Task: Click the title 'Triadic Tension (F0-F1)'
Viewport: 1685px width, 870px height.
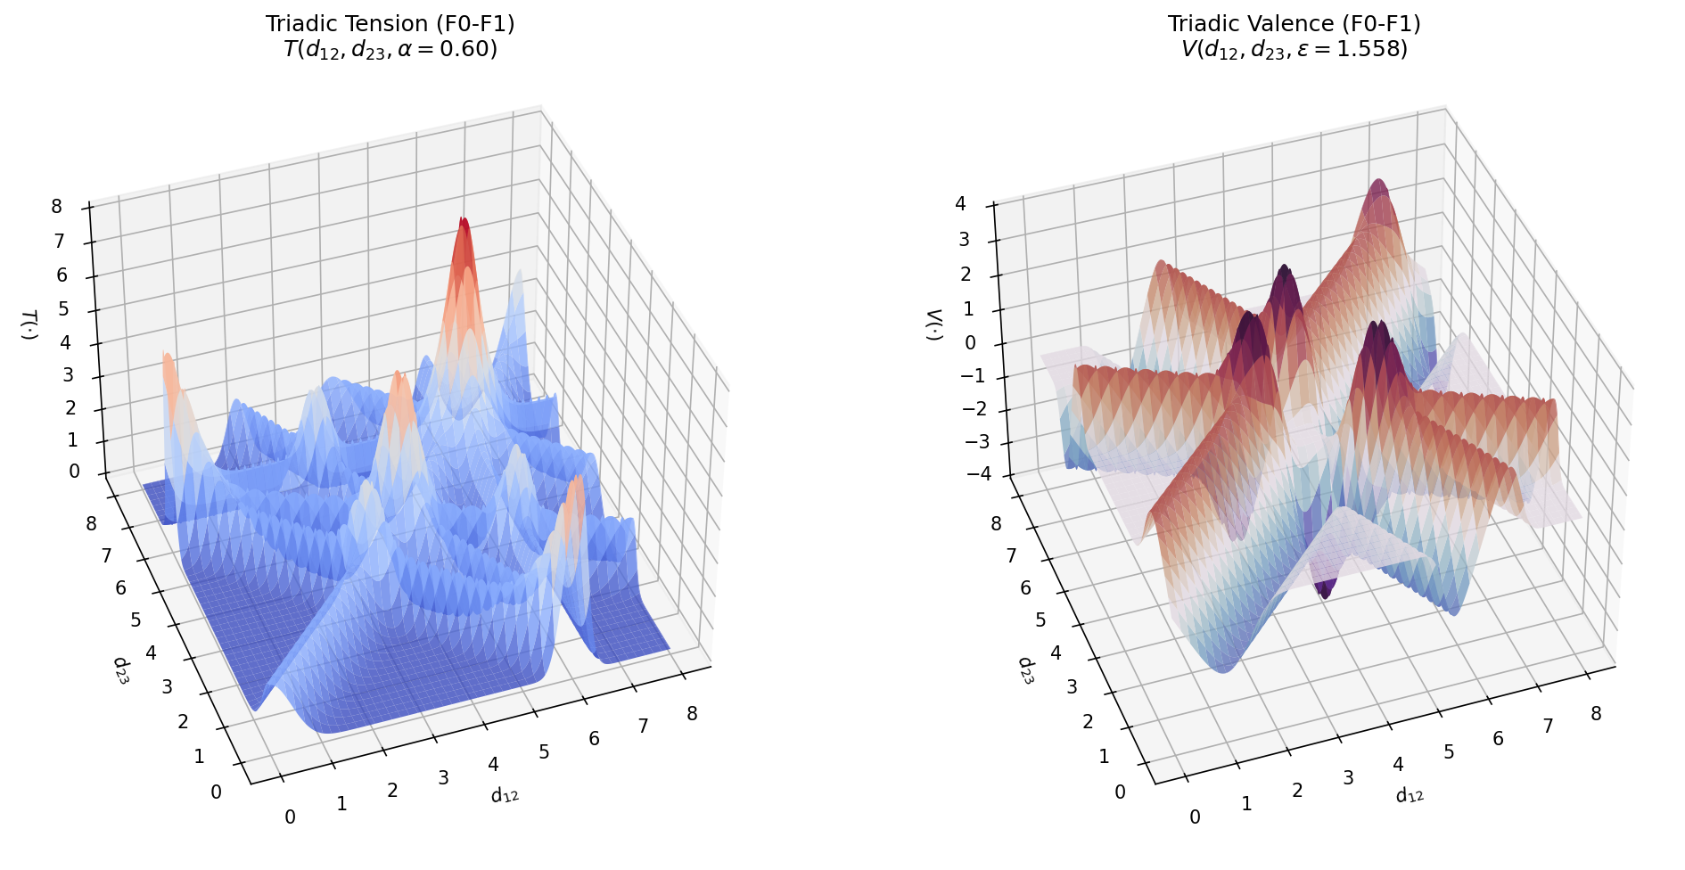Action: point(390,23)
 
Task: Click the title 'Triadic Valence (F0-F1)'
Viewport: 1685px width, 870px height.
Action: point(1294,23)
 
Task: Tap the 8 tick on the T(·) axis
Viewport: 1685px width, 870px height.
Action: point(57,207)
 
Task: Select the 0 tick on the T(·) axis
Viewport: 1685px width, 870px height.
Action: point(74,472)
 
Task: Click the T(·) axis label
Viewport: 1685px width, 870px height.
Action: point(29,324)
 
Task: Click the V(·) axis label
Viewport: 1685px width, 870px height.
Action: point(933,324)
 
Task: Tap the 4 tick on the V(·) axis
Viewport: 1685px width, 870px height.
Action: point(960,204)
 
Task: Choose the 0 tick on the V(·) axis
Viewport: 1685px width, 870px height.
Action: point(970,343)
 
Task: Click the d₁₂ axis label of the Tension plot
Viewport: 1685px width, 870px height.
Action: point(505,794)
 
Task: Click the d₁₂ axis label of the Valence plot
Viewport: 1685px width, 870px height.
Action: point(1410,794)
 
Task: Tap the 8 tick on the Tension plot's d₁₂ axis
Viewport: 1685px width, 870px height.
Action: point(692,713)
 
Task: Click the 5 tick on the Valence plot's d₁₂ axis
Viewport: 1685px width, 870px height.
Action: point(1449,751)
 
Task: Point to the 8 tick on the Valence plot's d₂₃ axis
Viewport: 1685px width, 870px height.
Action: point(996,523)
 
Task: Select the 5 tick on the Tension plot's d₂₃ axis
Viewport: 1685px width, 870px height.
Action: point(136,620)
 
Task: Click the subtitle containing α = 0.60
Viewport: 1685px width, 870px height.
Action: point(390,49)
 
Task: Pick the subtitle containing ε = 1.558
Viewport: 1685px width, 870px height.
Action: point(1294,49)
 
